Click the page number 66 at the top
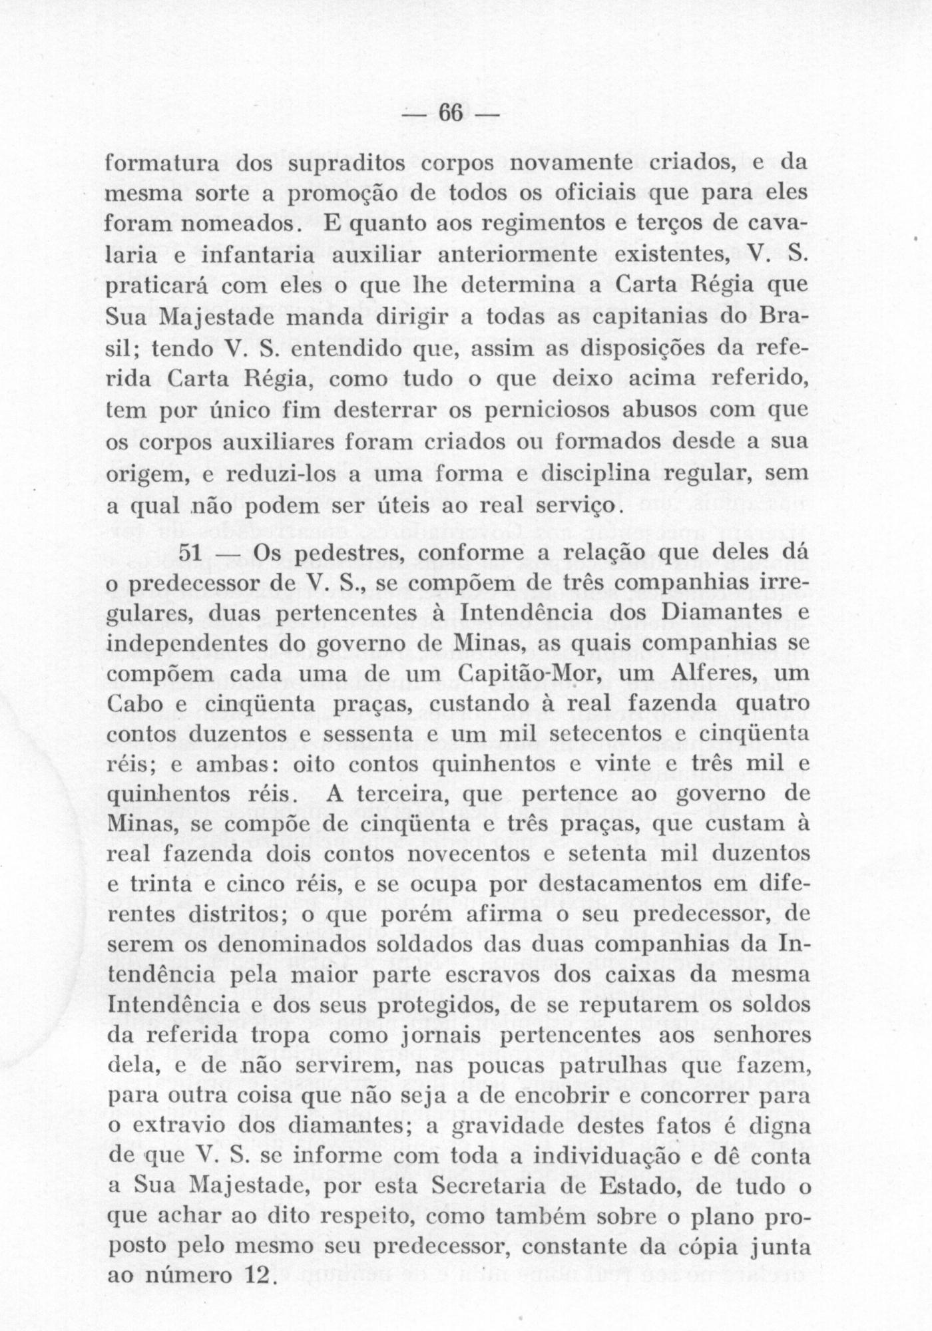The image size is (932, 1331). (450, 114)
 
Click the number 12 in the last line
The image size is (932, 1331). (253, 1276)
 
